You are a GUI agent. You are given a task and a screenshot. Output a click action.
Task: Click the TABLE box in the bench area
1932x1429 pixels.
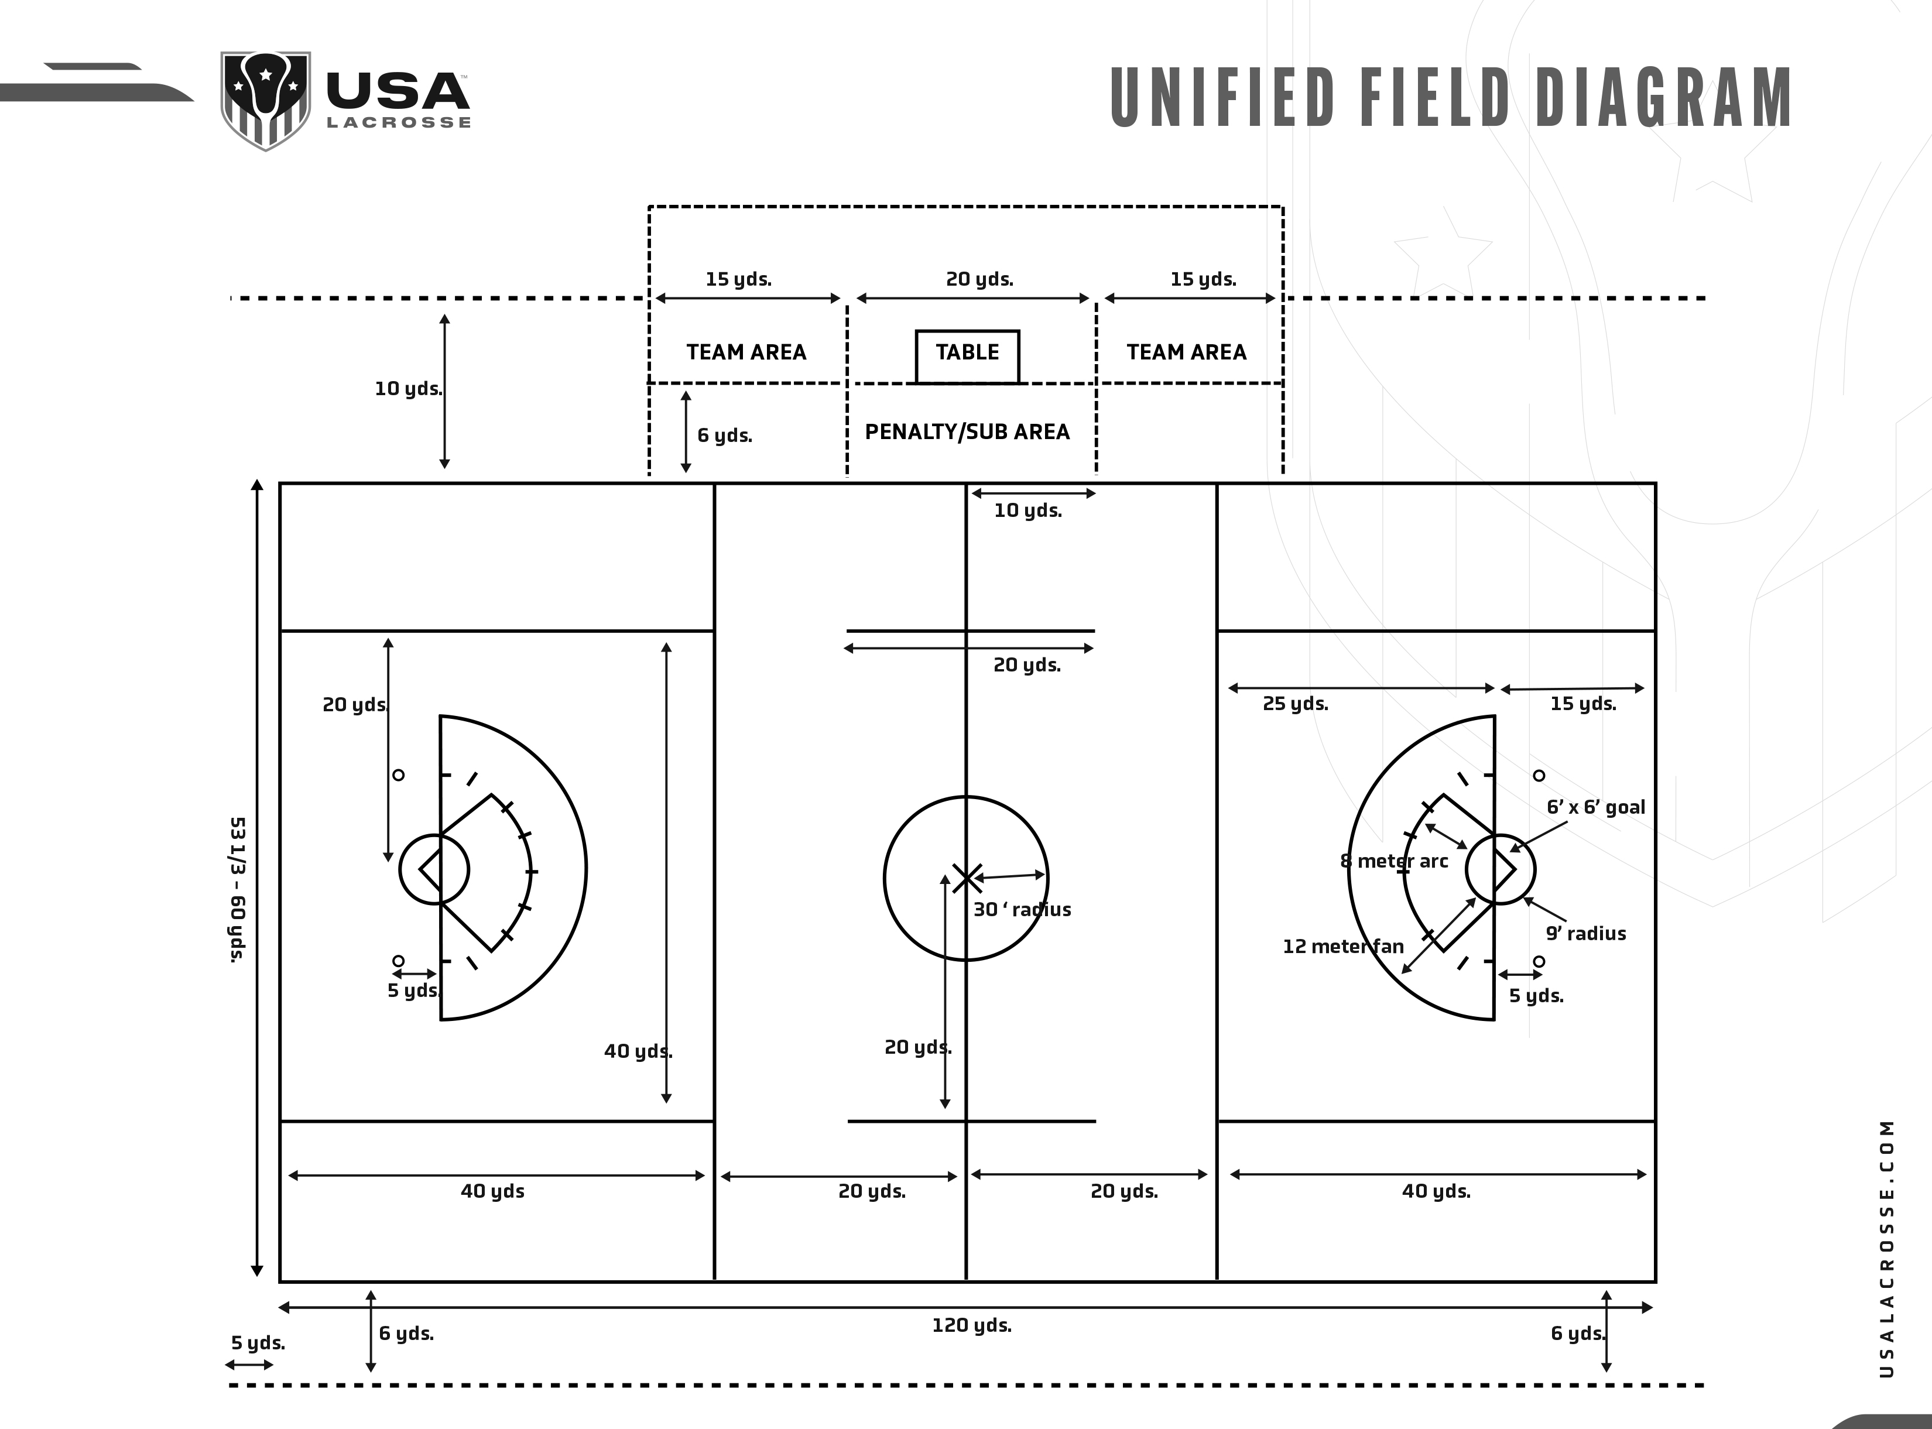pos(967,355)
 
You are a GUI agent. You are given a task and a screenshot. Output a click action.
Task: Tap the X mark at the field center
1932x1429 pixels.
pos(966,878)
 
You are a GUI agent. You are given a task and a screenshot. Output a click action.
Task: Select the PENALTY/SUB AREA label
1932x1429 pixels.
pos(967,431)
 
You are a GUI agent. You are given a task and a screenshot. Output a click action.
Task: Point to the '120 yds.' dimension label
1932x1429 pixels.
pos(971,1325)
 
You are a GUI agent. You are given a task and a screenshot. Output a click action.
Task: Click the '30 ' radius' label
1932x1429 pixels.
pos(1022,909)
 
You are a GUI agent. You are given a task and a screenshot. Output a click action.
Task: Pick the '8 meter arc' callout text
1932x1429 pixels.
pos(1393,861)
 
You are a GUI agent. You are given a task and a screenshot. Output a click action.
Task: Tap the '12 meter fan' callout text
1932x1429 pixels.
pos(1342,946)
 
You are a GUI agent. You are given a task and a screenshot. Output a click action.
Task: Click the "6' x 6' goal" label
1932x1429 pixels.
pos(1595,807)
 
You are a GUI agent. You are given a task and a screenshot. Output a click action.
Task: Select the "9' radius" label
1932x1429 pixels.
pos(1585,933)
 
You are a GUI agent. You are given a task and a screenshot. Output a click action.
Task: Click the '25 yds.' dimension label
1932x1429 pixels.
pos(1294,703)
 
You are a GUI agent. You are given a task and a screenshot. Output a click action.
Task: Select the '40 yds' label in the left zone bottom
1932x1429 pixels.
pos(492,1191)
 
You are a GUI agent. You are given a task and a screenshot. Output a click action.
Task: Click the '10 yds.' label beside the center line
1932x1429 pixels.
pos(1027,510)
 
